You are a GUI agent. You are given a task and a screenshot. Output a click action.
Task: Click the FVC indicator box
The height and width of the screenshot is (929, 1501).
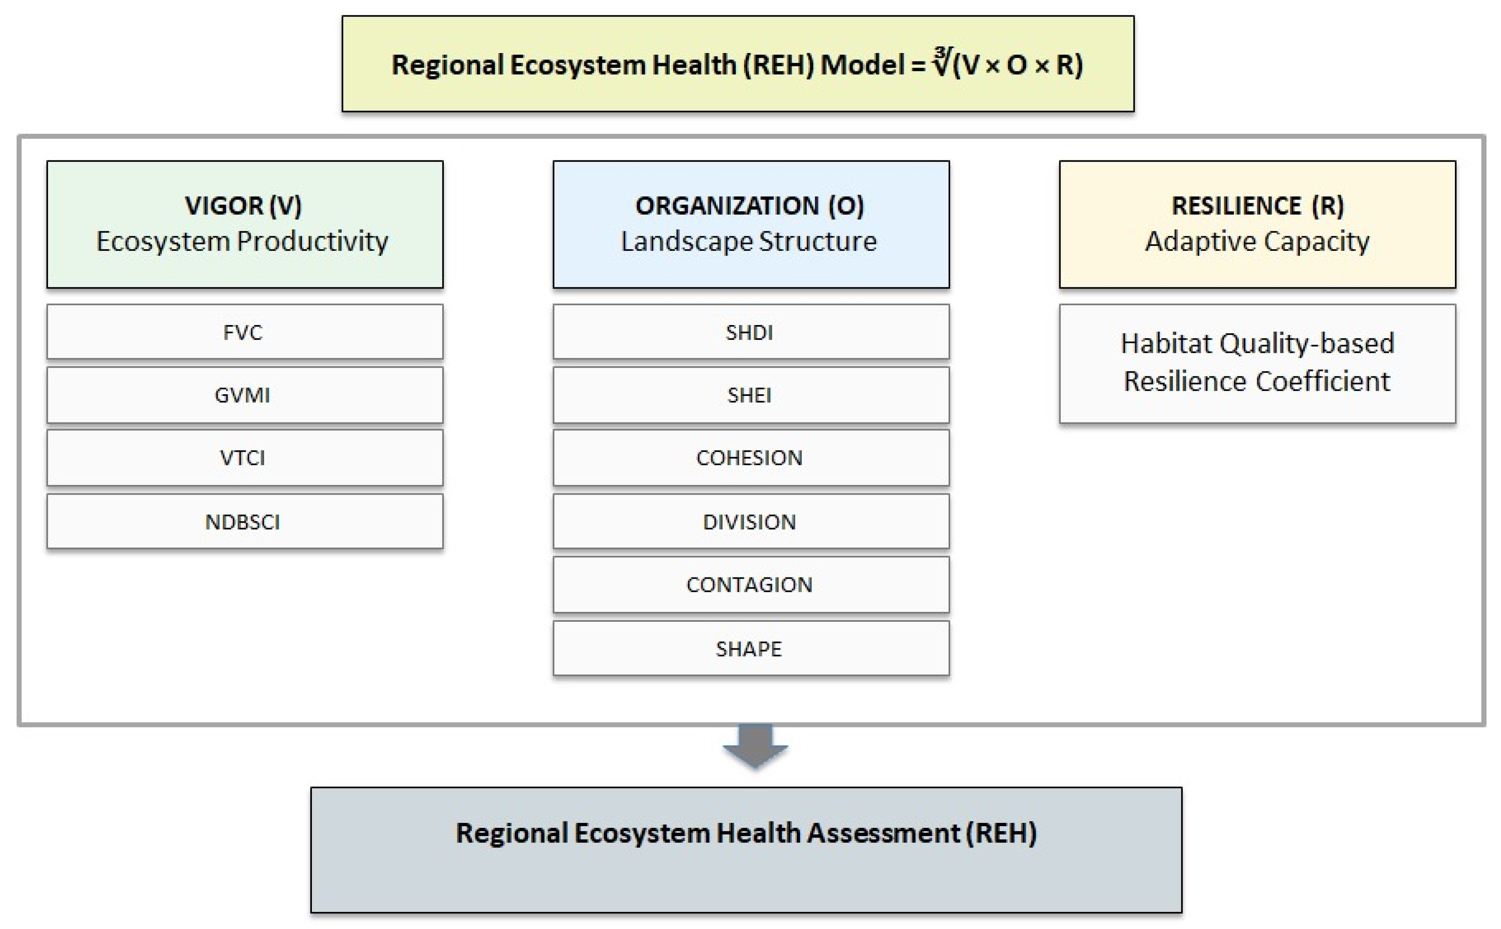(x=245, y=332)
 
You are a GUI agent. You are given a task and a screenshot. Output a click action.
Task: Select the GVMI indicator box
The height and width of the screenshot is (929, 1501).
(x=245, y=395)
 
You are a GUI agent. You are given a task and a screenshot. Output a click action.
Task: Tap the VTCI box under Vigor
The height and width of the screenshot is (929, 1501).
(x=245, y=458)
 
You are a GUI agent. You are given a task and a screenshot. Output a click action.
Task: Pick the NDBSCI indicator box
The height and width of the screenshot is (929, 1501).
(x=245, y=522)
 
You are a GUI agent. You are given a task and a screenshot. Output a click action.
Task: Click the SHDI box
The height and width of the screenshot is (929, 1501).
(x=751, y=332)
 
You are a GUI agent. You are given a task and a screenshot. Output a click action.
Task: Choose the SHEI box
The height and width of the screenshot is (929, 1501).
(x=751, y=395)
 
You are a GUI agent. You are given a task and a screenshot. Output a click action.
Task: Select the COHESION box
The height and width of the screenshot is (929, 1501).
(x=751, y=458)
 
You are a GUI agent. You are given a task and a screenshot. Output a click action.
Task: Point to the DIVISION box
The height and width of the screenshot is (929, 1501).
(x=751, y=522)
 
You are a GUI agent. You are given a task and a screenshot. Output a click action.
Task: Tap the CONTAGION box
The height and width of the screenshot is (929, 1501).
(x=751, y=585)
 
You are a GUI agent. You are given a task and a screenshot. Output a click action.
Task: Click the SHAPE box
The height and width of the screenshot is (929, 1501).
(x=751, y=648)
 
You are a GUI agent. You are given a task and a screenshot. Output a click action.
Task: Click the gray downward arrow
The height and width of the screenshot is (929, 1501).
(x=755, y=747)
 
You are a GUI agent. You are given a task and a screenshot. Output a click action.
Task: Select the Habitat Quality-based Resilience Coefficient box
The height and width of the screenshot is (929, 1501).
(x=1258, y=364)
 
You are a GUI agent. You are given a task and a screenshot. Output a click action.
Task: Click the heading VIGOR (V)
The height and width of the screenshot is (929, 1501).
(x=243, y=206)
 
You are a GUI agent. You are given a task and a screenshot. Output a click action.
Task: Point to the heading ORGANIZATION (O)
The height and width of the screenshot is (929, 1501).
(x=750, y=206)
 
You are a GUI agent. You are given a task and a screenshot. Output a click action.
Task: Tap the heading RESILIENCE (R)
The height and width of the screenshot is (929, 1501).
(x=1258, y=206)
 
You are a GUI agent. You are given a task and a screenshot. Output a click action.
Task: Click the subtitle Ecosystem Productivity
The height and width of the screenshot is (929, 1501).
(x=242, y=241)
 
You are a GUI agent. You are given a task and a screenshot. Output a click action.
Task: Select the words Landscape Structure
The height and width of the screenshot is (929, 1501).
(x=749, y=241)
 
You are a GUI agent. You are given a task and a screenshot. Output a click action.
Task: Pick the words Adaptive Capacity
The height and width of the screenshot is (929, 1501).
(x=1257, y=241)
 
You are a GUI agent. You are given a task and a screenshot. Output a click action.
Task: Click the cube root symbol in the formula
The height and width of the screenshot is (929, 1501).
(x=941, y=63)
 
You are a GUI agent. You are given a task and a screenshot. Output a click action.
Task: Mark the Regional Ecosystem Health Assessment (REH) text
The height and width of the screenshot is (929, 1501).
(x=746, y=833)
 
